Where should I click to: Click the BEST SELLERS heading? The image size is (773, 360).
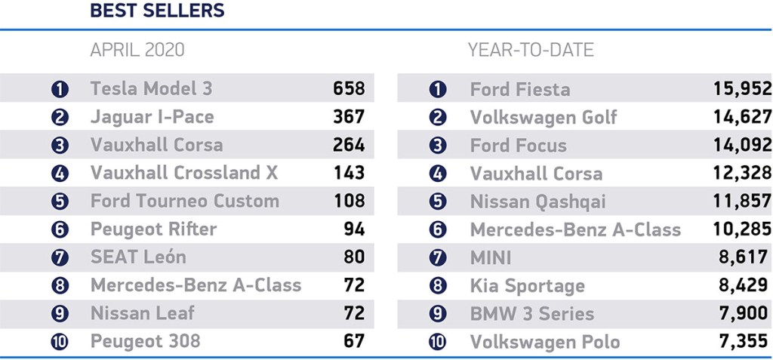point(157,11)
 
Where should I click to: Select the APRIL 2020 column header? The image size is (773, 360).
point(137,51)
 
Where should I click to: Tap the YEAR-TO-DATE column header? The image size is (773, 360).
point(531,51)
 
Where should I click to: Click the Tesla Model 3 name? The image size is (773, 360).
point(151,88)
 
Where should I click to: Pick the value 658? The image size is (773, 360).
point(349,88)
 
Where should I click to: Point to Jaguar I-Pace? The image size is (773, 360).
point(152,117)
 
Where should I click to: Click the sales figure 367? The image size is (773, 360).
point(349,117)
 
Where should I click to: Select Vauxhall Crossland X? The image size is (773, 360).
point(184,173)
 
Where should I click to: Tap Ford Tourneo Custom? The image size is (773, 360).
point(184,202)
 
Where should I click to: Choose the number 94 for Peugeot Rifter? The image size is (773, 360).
point(353,229)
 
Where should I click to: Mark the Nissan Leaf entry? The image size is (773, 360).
point(142,313)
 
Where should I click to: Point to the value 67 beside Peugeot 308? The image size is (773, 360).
point(353,341)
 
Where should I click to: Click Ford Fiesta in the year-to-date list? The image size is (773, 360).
point(519,89)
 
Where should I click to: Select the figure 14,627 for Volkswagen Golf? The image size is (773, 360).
point(742,117)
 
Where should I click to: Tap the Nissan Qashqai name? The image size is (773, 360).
point(537,202)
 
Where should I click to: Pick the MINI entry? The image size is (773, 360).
point(490,257)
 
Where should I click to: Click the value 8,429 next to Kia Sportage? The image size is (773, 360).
point(745,285)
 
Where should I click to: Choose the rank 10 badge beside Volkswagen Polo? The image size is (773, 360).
point(438,342)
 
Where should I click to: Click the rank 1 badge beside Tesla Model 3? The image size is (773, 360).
point(60,89)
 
